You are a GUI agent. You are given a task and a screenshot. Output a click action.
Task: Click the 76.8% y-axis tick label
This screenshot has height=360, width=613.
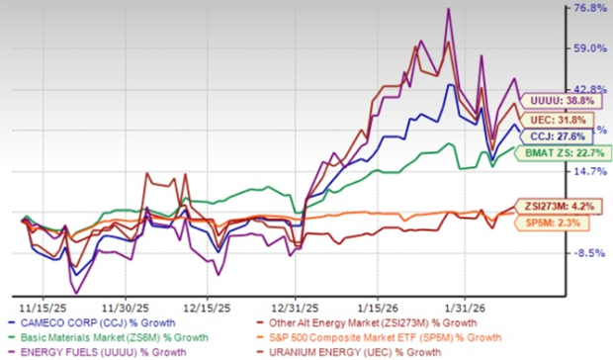pos(581,8)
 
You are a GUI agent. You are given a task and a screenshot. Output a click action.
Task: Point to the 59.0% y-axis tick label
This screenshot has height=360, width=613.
pos(581,47)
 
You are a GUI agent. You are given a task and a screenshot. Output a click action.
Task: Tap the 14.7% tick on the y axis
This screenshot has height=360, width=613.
pos(581,172)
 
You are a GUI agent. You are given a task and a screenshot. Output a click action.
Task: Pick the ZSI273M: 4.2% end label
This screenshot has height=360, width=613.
pos(556,208)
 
